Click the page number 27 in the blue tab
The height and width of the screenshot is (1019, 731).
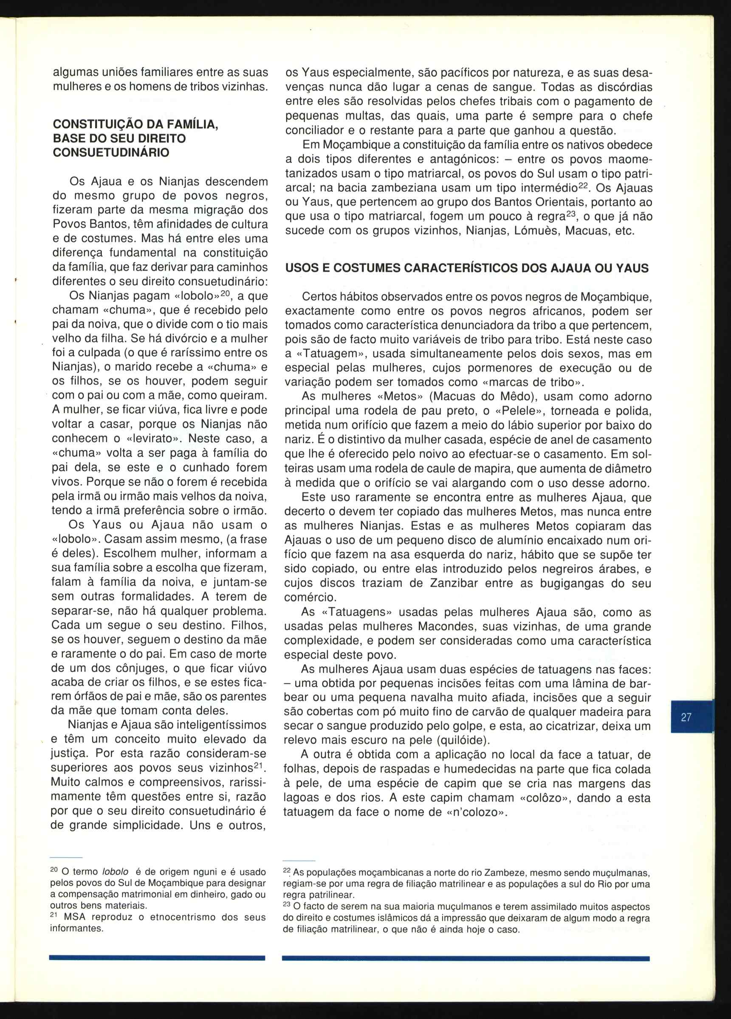(686, 717)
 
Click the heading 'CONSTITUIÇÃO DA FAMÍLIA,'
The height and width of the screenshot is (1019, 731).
(135, 124)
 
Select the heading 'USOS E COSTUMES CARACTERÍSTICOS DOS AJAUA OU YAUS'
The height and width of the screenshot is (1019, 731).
(467, 268)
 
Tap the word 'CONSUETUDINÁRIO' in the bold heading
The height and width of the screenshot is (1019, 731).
(111, 153)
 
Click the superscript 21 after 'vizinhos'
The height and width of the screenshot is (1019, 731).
(257, 765)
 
